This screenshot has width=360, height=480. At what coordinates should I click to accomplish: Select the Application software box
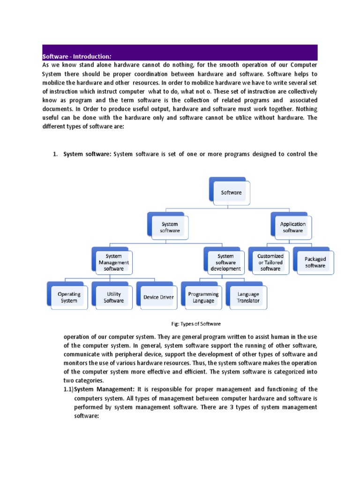(292, 227)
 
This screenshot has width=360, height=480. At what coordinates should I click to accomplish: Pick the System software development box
(225, 262)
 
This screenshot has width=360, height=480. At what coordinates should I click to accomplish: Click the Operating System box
(69, 297)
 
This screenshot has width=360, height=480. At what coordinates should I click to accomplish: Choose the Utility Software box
(113, 297)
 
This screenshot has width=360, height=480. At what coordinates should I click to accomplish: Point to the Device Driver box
(158, 297)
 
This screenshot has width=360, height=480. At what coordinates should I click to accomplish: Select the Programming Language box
(203, 297)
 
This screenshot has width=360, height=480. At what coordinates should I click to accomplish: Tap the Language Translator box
(248, 297)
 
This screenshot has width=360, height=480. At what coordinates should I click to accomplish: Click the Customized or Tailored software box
(270, 262)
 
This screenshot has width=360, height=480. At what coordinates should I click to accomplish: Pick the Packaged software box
(315, 262)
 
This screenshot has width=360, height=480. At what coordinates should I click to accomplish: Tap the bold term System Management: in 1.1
(104, 389)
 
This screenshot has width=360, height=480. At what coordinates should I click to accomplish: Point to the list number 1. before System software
(55, 153)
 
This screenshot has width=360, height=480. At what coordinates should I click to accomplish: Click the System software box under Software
(169, 227)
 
